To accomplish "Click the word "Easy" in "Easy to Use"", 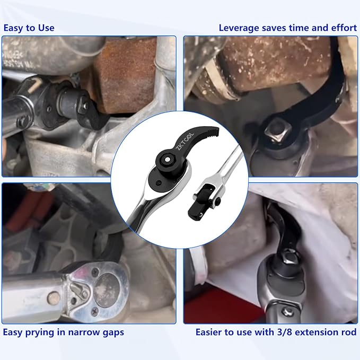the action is [x=13, y=28].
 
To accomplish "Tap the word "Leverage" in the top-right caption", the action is [x=239, y=28].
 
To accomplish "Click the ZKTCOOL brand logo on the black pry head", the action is [x=185, y=142].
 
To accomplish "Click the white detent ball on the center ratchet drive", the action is [x=168, y=160].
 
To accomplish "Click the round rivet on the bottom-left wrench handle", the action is [x=54, y=298].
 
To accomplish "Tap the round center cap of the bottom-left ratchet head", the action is [x=107, y=290].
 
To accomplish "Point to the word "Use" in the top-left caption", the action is [x=46, y=28].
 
